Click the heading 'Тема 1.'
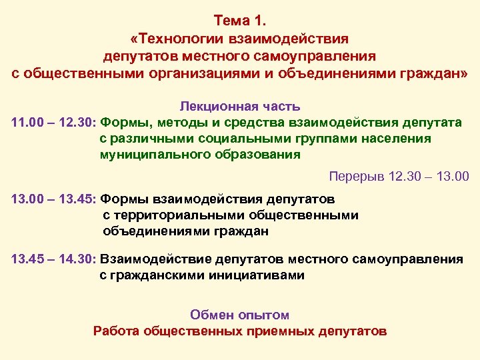tap(240, 21)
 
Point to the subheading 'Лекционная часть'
tap(240, 106)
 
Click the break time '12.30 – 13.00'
tap(429, 177)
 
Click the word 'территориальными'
tap(175, 215)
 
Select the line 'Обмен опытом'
tap(240, 315)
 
